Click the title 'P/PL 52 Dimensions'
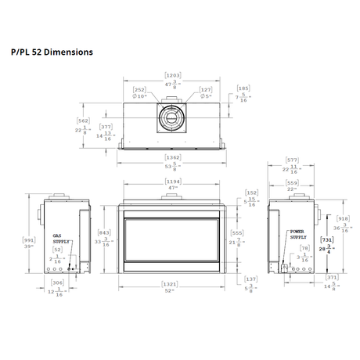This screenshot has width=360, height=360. [x=52, y=52]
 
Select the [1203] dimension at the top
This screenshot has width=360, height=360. [x=173, y=75]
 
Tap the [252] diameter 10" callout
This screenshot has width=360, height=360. [x=139, y=90]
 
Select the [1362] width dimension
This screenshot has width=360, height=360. [x=173, y=157]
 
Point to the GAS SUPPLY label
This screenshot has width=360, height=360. [x=61, y=238]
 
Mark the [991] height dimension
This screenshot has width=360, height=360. [x=29, y=240]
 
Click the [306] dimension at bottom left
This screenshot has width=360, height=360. [x=56, y=283]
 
